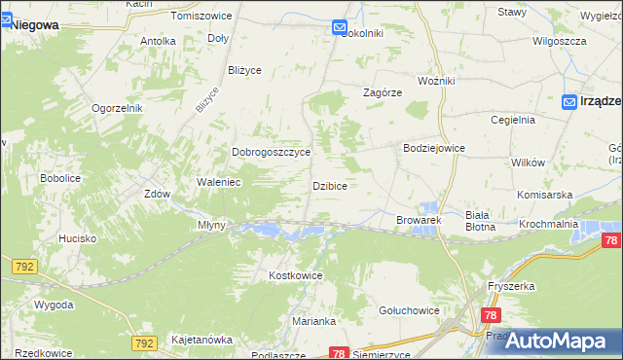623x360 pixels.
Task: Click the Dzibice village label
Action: click(x=330, y=185)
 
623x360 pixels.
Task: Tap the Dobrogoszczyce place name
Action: click(x=271, y=153)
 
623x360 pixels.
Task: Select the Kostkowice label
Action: click(x=295, y=275)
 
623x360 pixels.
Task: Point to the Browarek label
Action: click(x=420, y=221)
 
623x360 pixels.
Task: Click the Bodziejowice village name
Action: click(x=434, y=148)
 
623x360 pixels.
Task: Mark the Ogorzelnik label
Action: click(x=118, y=108)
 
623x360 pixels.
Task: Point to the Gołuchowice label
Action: click(x=412, y=309)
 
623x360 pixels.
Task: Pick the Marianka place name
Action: click(x=313, y=321)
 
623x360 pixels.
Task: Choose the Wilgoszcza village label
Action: click(x=559, y=41)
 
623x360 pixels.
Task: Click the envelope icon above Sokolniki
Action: click(x=340, y=29)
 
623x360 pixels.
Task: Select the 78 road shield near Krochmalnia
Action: click(x=611, y=241)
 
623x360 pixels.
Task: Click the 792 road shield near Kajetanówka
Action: click(x=144, y=343)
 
